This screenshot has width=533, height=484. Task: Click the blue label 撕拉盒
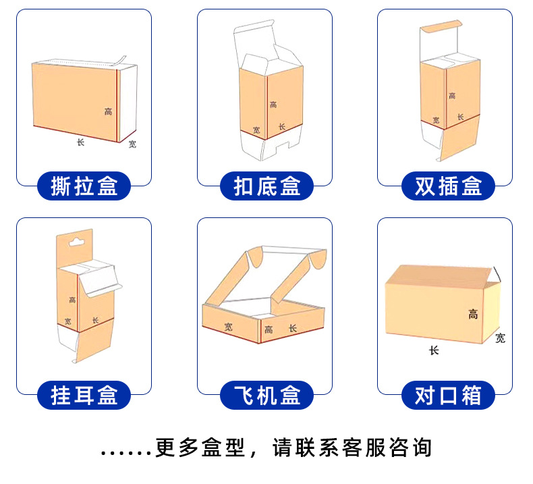tap(84, 186)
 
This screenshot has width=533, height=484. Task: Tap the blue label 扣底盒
tap(267, 186)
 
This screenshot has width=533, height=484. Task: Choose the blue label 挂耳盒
tap(84, 394)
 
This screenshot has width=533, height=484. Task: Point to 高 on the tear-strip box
tap(108, 111)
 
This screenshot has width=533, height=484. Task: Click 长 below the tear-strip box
tap(80, 142)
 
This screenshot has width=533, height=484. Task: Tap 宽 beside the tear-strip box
tap(132, 144)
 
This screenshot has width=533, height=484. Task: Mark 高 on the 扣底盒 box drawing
tap(273, 105)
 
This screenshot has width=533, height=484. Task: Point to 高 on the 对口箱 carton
tap(474, 313)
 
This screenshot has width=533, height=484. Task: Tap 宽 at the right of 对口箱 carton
tap(500, 338)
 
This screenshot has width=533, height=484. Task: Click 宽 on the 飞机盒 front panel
tap(229, 327)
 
